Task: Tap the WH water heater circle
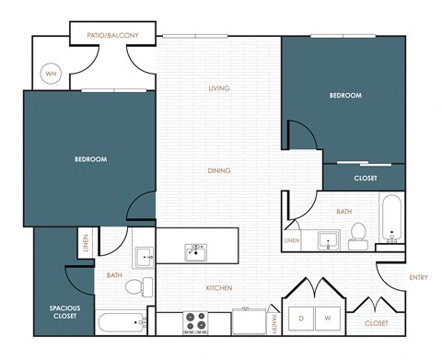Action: click(52, 74)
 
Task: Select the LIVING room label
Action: click(218, 88)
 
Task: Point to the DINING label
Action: click(218, 170)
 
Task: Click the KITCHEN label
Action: click(218, 288)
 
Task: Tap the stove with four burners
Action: click(196, 322)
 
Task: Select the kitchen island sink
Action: click(196, 250)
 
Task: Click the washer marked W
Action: click(327, 319)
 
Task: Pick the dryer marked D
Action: click(300, 319)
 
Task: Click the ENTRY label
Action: click(418, 278)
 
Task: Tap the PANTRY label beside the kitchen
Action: click(274, 322)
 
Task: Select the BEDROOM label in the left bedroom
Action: click(90, 159)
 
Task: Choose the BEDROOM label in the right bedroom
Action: click(345, 95)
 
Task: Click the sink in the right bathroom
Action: click(329, 242)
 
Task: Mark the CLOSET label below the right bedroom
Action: click(365, 178)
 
